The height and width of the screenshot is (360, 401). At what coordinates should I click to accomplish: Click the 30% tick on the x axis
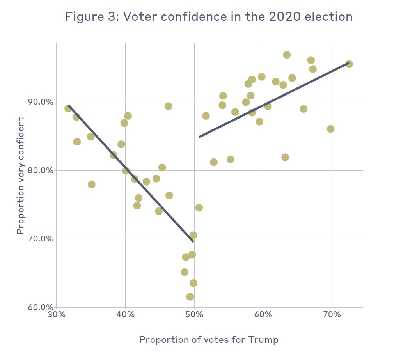click(x=57, y=315)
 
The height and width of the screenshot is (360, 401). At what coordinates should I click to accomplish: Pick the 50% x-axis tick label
click(x=194, y=315)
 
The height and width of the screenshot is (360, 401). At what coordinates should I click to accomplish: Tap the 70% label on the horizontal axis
click(x=332, y=315)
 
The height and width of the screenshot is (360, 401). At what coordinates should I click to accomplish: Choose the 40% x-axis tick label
click(x=125, y=315)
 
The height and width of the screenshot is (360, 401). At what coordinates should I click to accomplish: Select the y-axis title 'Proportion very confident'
click(x=20, y=176)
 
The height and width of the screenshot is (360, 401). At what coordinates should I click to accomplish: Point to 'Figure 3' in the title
click(x=90, y=17)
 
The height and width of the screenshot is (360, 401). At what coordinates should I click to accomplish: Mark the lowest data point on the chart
click(x=190, y=297)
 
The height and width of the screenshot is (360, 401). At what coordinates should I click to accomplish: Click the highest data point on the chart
click(x=287, y=55)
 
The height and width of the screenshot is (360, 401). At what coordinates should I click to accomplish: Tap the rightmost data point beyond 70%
click(x=349, y=64)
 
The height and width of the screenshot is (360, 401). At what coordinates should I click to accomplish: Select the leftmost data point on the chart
click(x=68, y=108)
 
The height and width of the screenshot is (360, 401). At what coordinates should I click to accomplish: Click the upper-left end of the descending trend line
click(x=69, y=105)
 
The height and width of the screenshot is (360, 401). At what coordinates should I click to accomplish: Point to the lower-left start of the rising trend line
click(x=199, y=137)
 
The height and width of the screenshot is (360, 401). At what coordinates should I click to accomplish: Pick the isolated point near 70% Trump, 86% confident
click(x=330, y=129)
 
